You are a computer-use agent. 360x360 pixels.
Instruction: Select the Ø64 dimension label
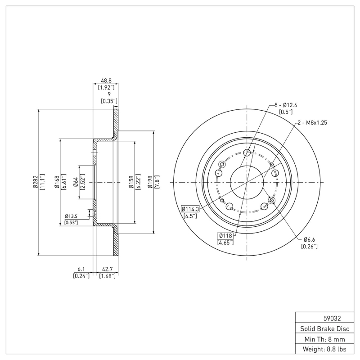[76, 182]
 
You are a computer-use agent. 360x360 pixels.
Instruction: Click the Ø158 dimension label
[131, 182]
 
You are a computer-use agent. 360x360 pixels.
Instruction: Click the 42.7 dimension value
[107, 270]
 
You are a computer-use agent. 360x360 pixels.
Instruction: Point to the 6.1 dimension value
[81, 270]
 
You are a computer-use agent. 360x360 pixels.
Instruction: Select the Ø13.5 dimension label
[71, 216]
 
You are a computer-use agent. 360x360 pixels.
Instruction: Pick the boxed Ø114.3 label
[190, 209]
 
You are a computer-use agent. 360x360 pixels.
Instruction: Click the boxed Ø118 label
[225, 236]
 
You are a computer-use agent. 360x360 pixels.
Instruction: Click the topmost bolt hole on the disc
[247, 153]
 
